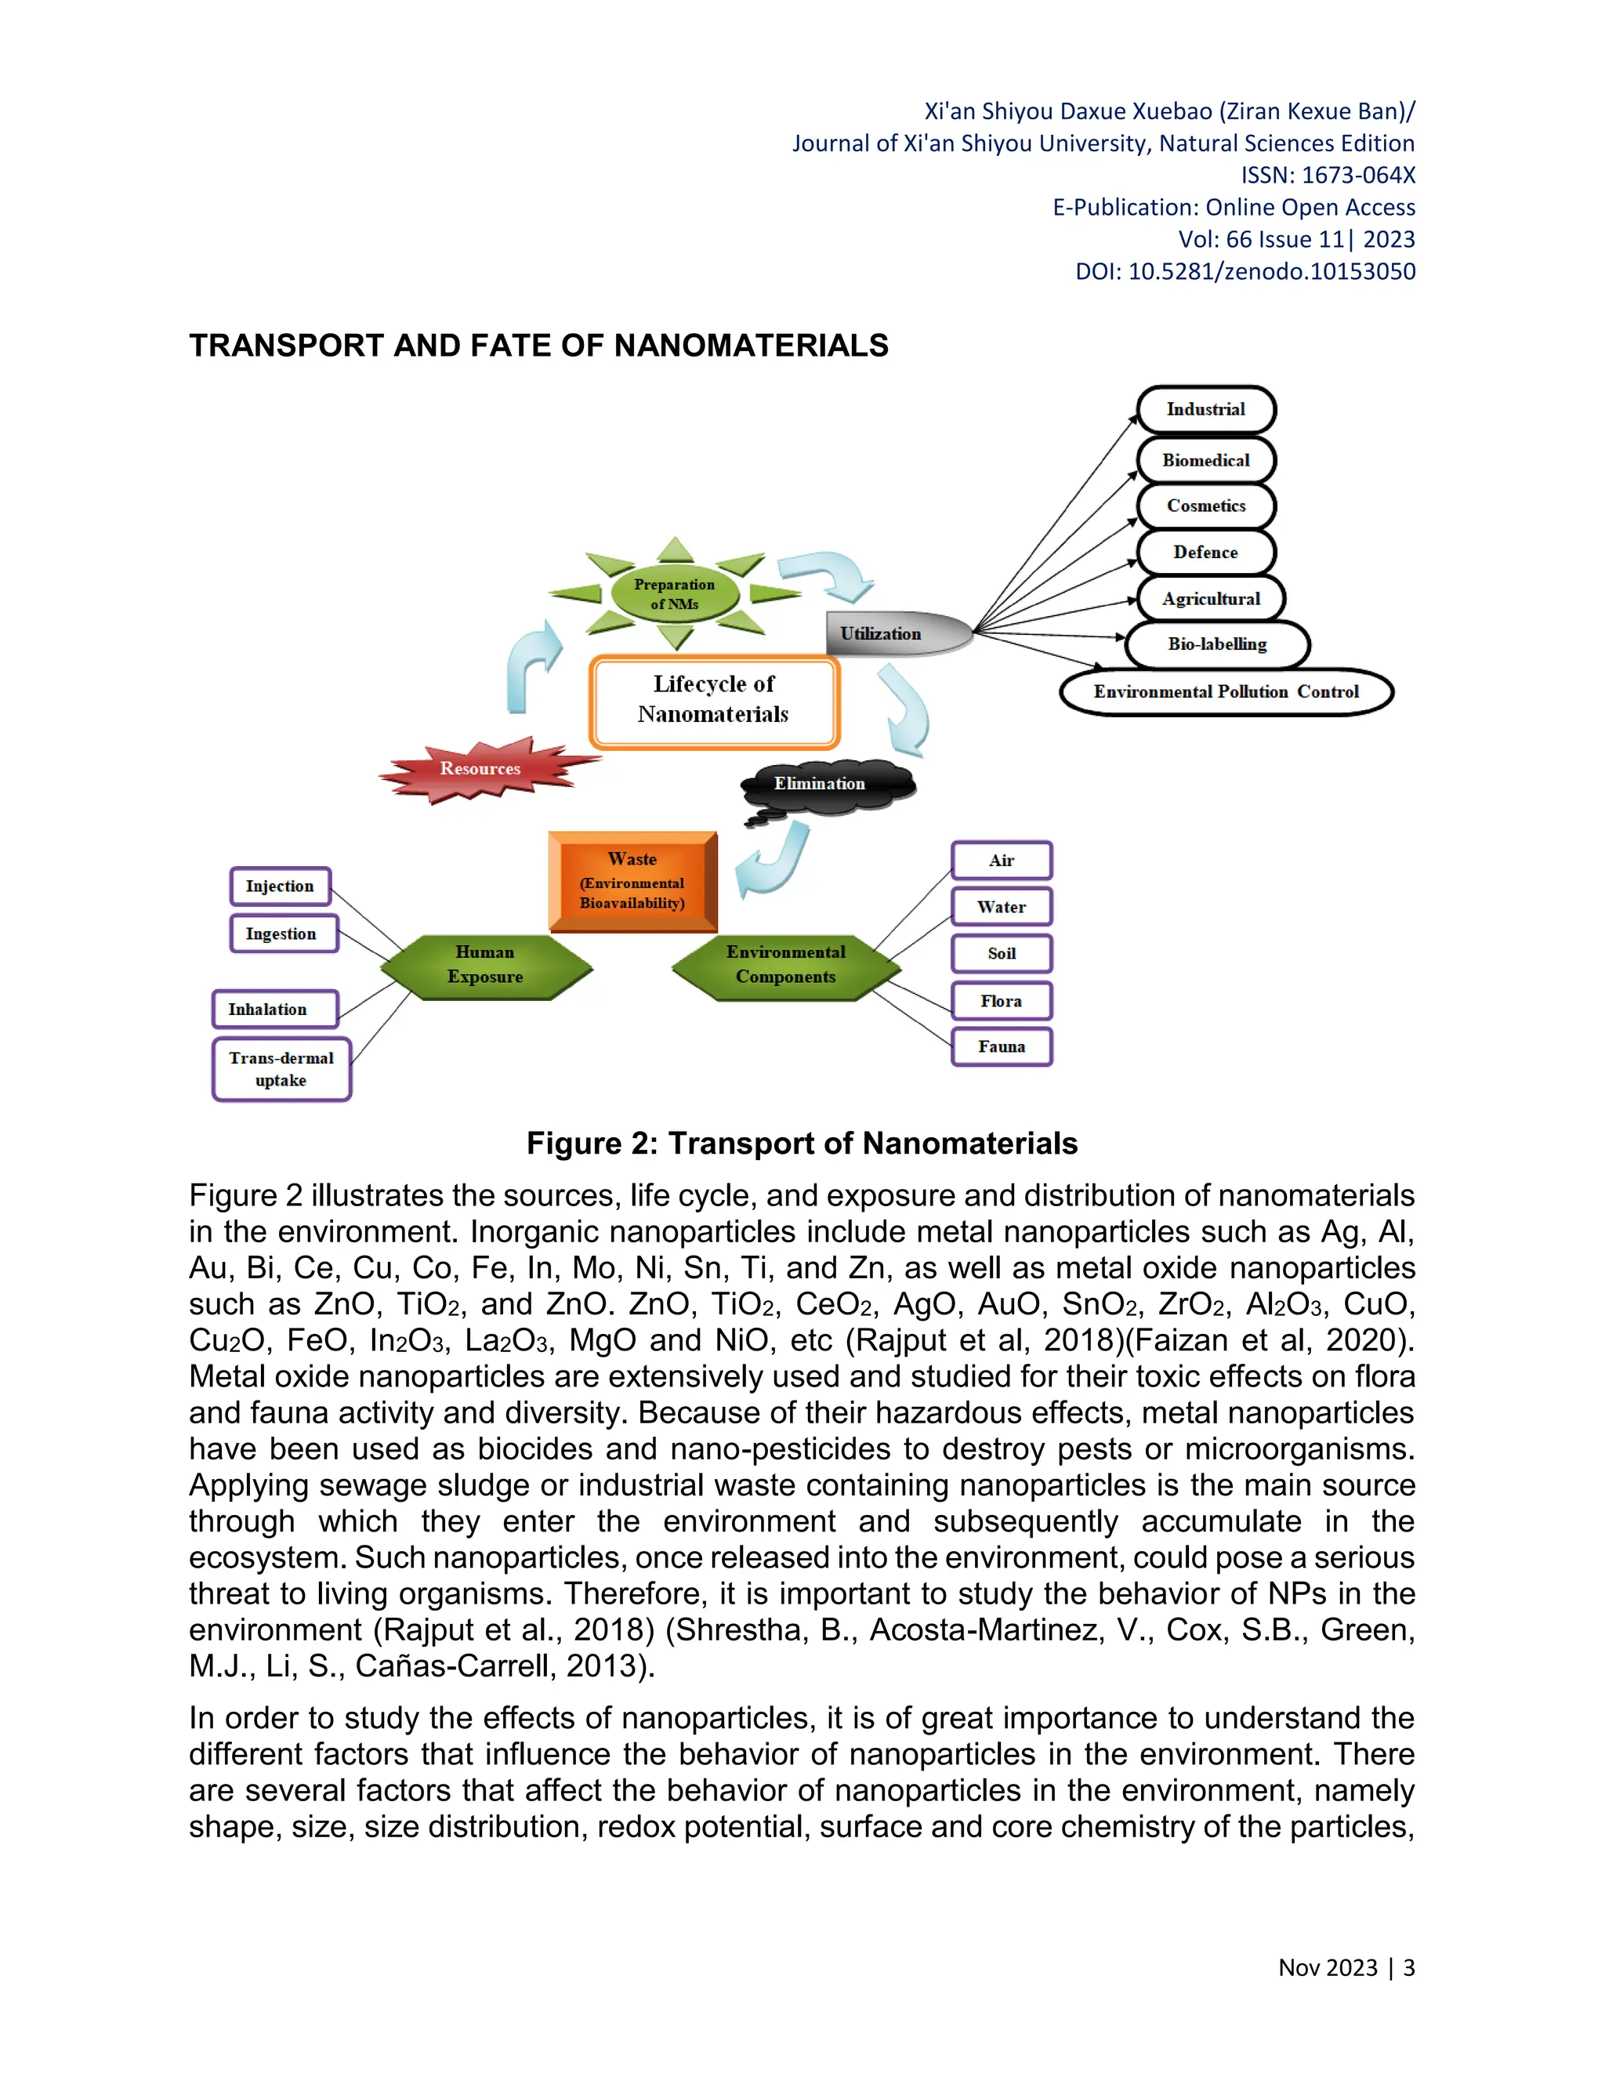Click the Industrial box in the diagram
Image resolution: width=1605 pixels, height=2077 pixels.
(1205, 410)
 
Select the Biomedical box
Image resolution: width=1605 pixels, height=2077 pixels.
(1205, 460)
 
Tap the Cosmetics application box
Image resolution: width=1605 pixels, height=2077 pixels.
(1205, 506)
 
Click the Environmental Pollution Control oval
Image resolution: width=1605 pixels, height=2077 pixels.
(1226, 692)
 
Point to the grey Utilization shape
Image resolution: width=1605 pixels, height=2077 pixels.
(893, 633)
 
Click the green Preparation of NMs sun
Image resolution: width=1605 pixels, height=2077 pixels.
(674, 594)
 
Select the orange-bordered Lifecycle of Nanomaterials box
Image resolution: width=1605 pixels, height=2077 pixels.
(713, 700)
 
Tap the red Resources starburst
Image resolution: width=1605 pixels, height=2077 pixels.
(481, 768)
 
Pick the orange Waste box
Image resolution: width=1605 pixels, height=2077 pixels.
(632, 882)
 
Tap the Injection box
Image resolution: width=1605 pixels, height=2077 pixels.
(280, 886)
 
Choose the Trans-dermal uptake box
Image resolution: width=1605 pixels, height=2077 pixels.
(281, 1070)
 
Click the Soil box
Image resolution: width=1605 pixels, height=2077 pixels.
(1002, 954)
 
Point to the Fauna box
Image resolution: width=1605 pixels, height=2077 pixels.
(1002, 1047)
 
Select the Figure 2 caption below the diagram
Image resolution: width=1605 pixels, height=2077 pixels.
(802, 1143)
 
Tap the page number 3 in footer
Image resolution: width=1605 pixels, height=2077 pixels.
(1408, 1967)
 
